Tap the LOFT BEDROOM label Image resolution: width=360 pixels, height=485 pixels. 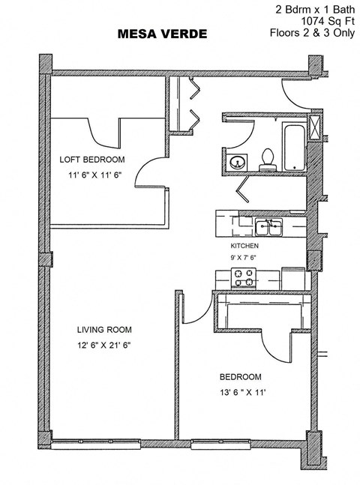click(91, 160)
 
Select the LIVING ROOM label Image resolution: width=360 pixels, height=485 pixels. click(104, 329)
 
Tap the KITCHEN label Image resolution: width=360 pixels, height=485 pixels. click(244, 245)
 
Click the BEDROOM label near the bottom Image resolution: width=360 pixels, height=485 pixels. click(240, 376)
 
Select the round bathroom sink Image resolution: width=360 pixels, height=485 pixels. click(238, 160)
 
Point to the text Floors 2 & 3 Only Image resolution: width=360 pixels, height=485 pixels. click(313, 33)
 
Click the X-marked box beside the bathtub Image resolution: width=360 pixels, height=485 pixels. click(316, 125)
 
